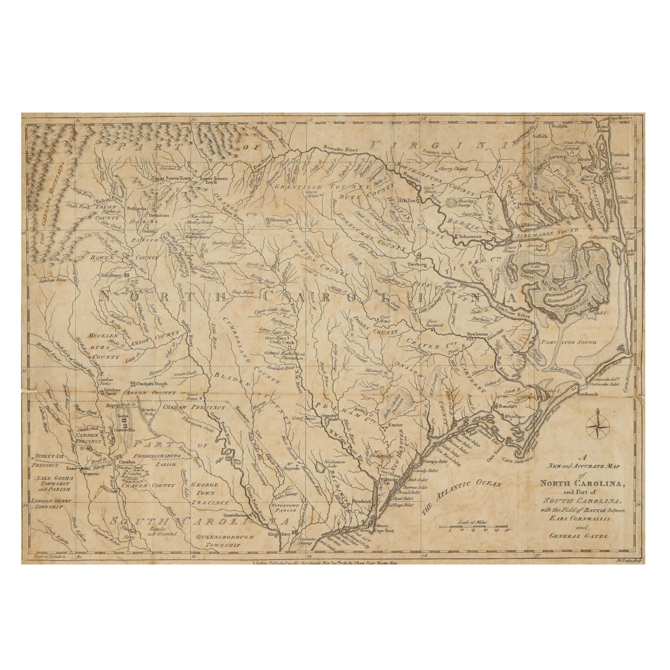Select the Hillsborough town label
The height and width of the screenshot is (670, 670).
(x=279, y=220)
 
